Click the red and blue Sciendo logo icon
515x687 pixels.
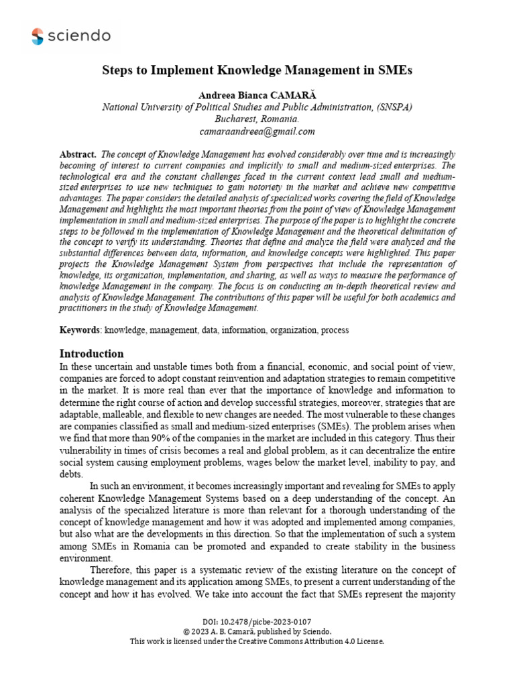[x=37, y=36]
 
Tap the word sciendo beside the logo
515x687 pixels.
[x=79, y=36]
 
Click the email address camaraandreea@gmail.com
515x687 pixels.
[x=257, y=131]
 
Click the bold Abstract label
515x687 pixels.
[x=77, y=154]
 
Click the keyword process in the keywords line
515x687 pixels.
[x=335, y=330]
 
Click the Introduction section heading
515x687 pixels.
[x=92, y=354]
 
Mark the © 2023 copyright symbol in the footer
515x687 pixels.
[x=187, y=631]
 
